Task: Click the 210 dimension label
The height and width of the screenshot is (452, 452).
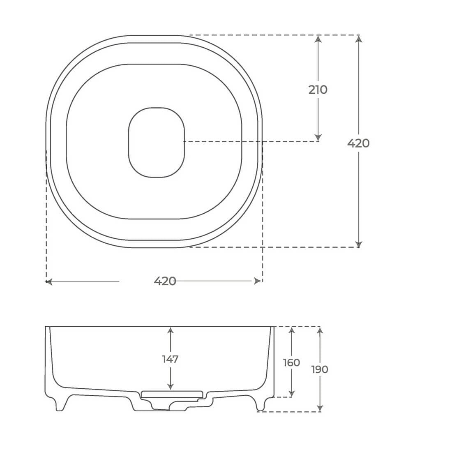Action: pyautogui.click(x=318, y=90)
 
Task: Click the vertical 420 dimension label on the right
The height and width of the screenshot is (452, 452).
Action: pyautogui.click(x=358, y=143)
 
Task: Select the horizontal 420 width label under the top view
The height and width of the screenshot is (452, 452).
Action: pyautogui.click(x=165, y=281)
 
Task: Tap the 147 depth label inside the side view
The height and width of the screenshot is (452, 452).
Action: pyautogui.click(x=170, y=359)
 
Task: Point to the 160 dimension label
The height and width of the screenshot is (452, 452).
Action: pyautogui.click(x=291, y=362)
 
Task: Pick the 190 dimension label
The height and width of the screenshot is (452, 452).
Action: pyautogui.click(x=320, y=369)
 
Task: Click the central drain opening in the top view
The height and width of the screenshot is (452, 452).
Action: pyautogui.click(x=157, y=142)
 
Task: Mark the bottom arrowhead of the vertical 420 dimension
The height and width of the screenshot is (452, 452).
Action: pyautogui.click(x=359, y=244)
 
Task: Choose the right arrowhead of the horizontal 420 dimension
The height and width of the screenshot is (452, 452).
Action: pyautogui.click(x=258, y=281)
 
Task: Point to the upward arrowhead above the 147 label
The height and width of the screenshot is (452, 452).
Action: pyautogui.click(x=170, y=330)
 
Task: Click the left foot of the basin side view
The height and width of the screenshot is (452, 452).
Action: pyautogui.click(x=60, y=405)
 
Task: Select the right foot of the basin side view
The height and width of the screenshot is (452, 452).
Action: pyautogui.click(x=260, y=405)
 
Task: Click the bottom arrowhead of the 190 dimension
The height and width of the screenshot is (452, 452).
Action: pyautogui.click(x=320, y=408)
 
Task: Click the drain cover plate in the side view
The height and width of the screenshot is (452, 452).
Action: pyautogui.click(x=172, y=394)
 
